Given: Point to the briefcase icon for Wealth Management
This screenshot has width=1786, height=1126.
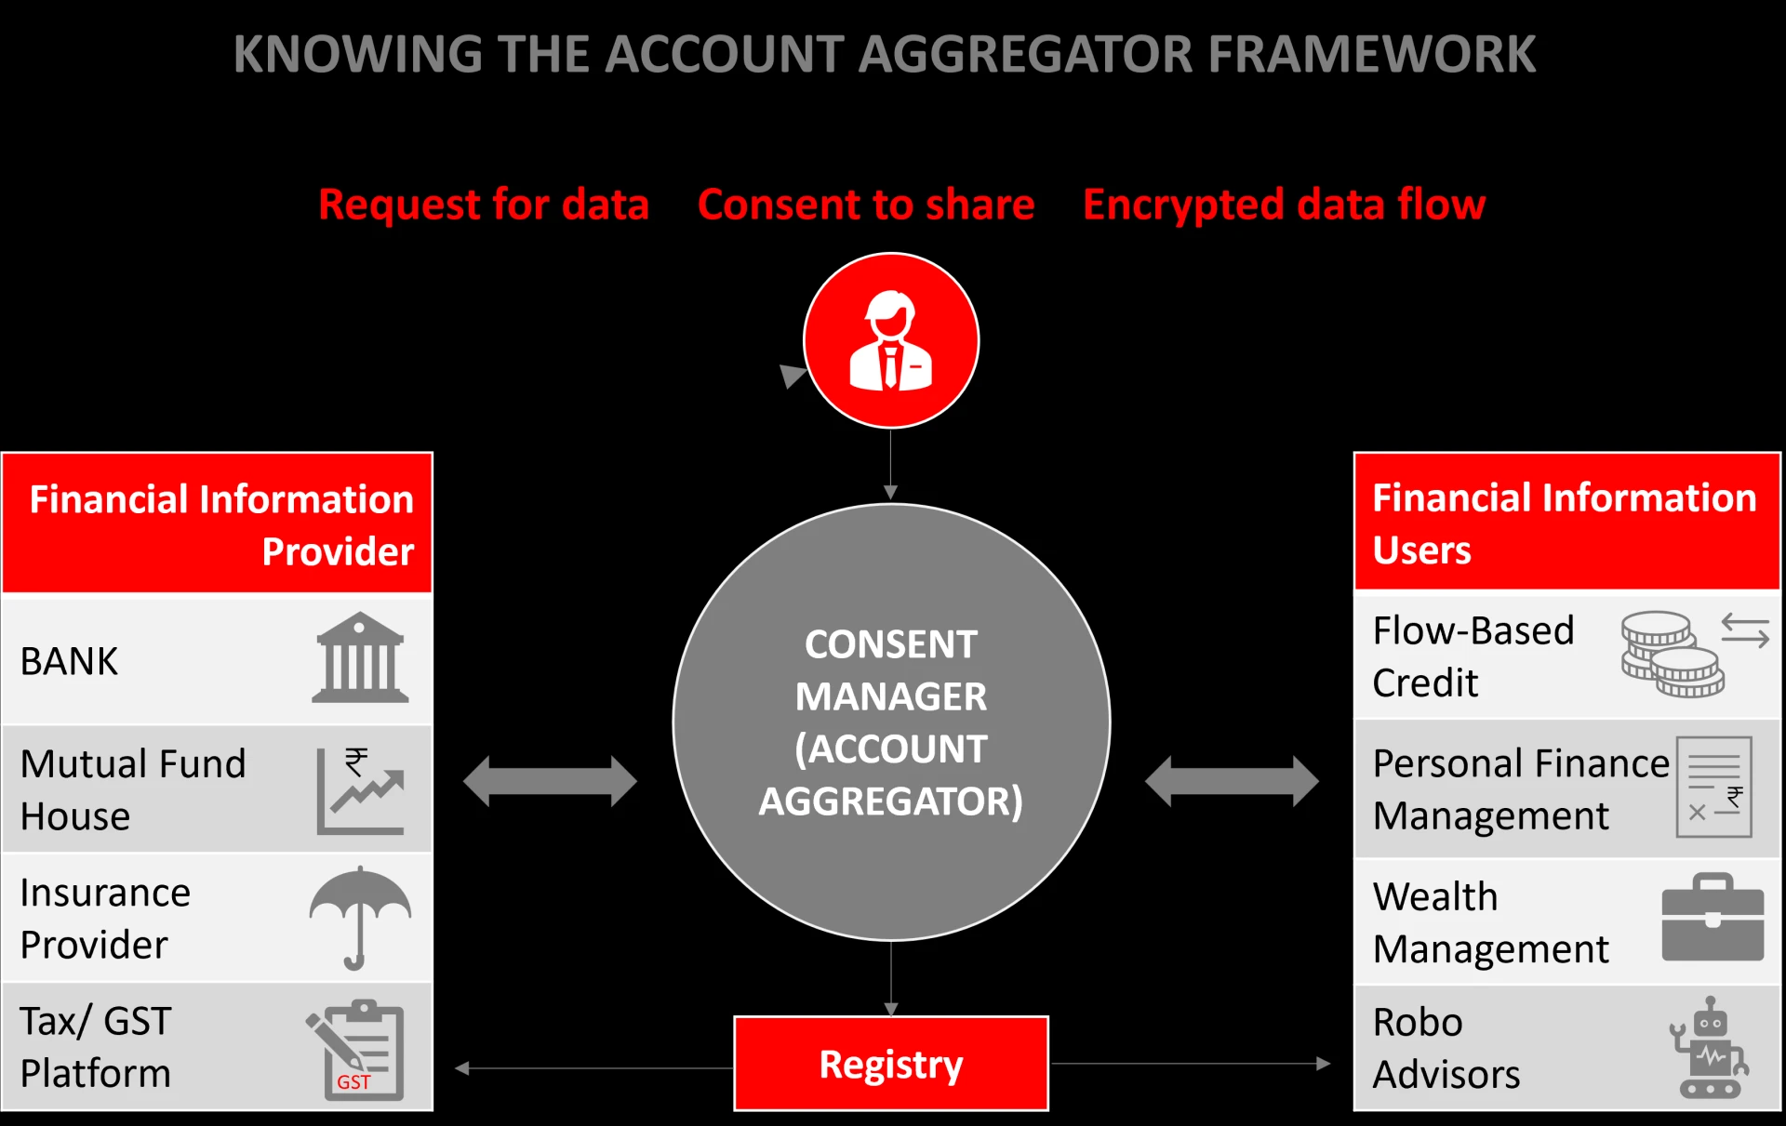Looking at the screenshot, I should pyautogui.click(x=1713, y=918).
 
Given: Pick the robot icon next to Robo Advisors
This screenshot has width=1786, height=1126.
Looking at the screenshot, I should pyautogui.click(x=1710, y=1049).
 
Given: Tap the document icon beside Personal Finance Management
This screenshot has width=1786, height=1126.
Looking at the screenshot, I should pyautogui.click(x=1714, y=787).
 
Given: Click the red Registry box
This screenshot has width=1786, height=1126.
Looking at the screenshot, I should pyautogui.click(x=891, y=1064).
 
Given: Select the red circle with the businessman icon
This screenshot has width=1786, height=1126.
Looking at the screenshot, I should pyautogui.click(x=891, y=340).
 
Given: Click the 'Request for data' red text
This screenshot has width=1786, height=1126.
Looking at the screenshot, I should pyautogui.click(x=484, y=205).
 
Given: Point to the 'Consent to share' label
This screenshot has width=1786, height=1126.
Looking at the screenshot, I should pyautogui.click(x=866, y=205).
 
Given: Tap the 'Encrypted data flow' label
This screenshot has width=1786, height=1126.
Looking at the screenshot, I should pyautogui.click(x=1284, y=205).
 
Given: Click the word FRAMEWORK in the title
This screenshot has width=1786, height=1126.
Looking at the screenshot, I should pyautogui.click(x=1372, y=54).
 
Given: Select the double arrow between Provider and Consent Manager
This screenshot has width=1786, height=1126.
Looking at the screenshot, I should pyautogui.click(x=550, y=781).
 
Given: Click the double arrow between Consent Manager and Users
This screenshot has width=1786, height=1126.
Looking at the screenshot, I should pyautogui.click(x=1232, y=781).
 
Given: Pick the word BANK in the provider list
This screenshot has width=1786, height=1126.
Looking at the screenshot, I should pyautogui.click(x=70, y=662).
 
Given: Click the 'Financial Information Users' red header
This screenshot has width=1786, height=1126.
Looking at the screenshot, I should pyautogui.click(x=1566, y=523).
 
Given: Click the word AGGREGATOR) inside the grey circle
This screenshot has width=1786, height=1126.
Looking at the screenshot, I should pyautogui.click(x=890, y=801).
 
